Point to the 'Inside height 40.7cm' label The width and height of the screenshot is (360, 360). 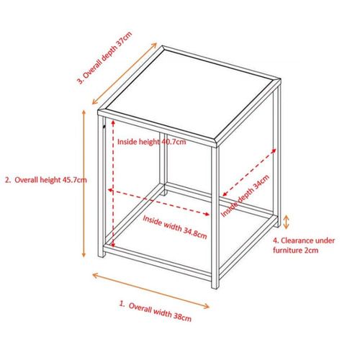151,142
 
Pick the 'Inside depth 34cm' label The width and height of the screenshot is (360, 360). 246,195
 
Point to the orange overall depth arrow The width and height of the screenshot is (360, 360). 124,76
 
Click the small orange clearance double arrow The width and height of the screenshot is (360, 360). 287,221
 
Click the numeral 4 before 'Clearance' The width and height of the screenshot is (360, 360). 274,240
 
